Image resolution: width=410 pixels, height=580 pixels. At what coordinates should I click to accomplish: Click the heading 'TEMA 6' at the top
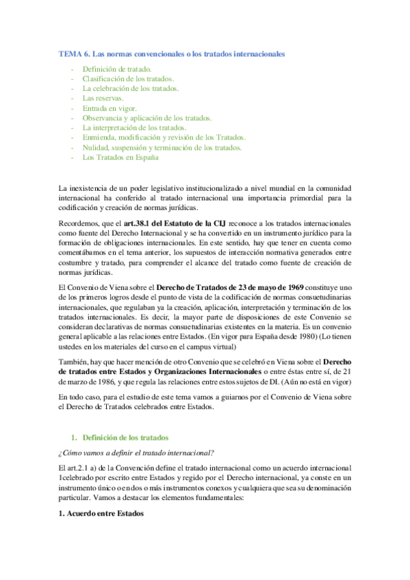coord(72,53)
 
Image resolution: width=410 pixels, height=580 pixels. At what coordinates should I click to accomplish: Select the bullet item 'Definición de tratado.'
coord(117,70)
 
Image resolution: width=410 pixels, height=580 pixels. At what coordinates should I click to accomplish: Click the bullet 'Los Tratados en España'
coord(120,157)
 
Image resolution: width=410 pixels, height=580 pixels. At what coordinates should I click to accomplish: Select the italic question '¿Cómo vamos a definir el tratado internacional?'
coord(137,452)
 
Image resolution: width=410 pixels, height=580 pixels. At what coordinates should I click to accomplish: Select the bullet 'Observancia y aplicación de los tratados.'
coord(147,118)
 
